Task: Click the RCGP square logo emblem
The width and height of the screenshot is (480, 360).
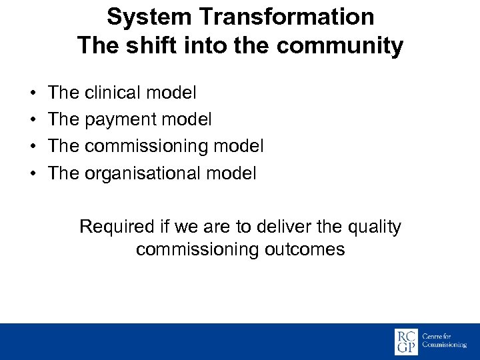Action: [406, 341]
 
